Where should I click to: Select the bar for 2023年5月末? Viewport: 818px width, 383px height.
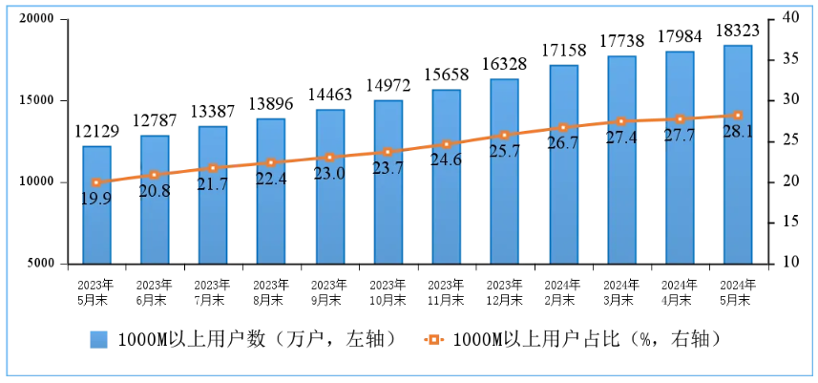(96, 204)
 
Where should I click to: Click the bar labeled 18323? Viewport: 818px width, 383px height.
(737, 154)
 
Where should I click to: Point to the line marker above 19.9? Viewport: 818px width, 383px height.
(96, 181)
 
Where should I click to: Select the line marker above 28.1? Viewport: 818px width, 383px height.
(737, 116)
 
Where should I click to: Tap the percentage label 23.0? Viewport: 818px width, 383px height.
(329, 174)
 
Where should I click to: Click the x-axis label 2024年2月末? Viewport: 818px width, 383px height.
(563, 291)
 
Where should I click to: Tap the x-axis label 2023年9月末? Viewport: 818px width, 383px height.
(329, 291)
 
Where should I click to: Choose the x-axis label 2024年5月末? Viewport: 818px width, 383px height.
(737, 291)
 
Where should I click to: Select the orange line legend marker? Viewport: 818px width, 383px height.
(434, 340)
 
